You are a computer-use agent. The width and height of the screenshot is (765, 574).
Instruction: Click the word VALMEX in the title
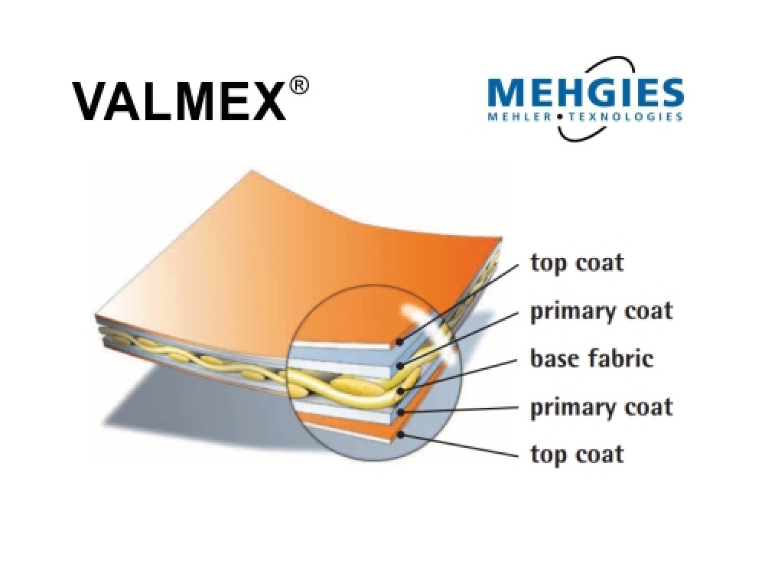[179, 101]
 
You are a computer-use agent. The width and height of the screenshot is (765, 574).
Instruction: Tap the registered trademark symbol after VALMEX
[300, 86]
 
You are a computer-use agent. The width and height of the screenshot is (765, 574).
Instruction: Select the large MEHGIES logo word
[584, 93]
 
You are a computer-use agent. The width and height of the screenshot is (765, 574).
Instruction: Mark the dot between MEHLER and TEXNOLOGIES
[559, 118]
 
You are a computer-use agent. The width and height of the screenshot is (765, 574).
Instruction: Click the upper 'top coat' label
[577, 263]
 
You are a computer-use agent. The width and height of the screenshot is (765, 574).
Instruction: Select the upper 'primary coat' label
[601, 312]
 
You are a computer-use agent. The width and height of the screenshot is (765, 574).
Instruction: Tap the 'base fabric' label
[592, 358]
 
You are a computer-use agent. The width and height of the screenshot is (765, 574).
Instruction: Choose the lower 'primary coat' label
[601, 407]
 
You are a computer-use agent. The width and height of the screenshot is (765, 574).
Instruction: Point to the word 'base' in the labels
[553, 359]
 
